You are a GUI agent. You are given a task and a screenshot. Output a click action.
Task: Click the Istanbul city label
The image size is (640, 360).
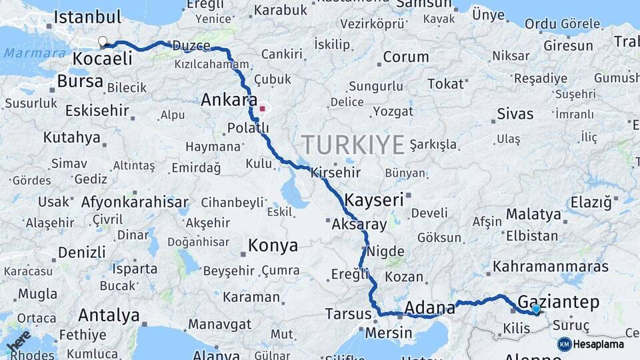[x=87, y=18]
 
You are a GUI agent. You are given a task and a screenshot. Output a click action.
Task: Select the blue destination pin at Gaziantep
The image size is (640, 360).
[x=536, y=309]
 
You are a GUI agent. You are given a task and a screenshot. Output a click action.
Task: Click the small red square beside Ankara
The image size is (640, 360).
[x=263, y=108]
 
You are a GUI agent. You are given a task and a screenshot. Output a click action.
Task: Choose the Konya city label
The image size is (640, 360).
[x=273, y=245]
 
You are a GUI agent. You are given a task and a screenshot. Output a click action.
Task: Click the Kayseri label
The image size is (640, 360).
[x=374, y=199]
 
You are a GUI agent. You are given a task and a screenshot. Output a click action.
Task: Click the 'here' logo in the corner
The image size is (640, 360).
[x=19, y=340]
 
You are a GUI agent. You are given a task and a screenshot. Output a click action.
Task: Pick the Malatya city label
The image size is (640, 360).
[x=533, y=215]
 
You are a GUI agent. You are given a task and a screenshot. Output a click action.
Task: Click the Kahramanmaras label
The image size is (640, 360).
[x=551, y=267]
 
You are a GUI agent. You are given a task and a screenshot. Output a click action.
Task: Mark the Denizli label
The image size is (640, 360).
[x=81, y=253]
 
